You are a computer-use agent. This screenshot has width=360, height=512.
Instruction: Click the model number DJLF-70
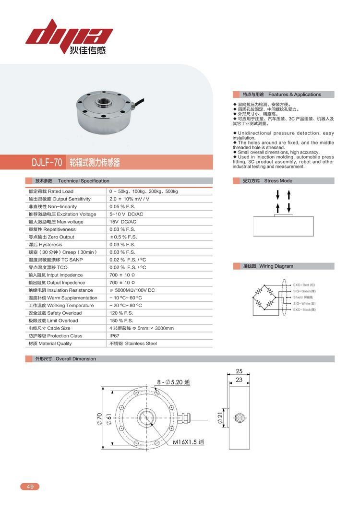coord(47,163)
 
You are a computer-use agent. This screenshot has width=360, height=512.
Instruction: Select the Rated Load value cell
coord(144,191)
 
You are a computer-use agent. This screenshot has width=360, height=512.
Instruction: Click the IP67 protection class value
coord(115,336)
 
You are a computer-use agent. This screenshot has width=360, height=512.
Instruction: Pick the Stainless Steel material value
coord(133,344)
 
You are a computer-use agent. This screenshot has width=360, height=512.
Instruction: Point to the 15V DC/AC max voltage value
coord(123,222)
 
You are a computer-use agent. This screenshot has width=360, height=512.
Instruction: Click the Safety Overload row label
coord(55,313)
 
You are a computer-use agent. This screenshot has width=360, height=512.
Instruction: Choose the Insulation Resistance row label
coord(60,290)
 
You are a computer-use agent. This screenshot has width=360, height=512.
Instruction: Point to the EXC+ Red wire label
coord(304,285)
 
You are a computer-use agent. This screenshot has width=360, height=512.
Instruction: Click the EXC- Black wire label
coord(304,310)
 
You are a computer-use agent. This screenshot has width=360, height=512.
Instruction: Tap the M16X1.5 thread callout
coord(188,442)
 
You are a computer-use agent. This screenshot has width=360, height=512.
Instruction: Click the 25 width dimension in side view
coord(239,371)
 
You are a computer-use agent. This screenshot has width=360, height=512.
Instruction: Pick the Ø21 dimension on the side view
coord(220,418)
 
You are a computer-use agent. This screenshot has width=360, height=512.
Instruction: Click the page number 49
coord(30,487)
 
